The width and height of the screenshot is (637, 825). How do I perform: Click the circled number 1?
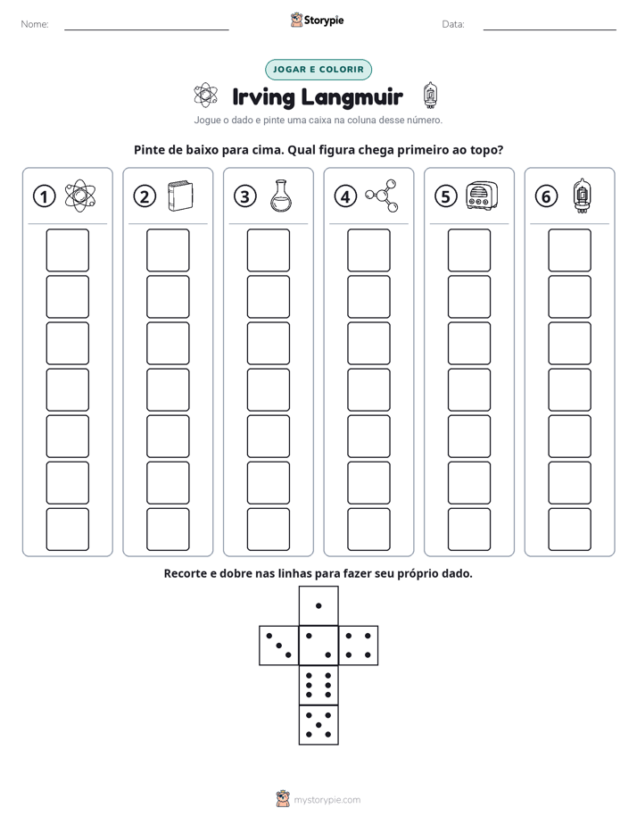click(44, 196)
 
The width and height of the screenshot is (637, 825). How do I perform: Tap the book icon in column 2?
click(180, 196)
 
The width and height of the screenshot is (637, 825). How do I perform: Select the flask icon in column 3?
click(279, 196)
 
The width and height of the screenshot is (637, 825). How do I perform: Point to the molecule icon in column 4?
click(382, 196)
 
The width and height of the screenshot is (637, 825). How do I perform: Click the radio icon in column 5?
click(482, 196)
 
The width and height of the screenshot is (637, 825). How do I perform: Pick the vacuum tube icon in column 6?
click(582, 196)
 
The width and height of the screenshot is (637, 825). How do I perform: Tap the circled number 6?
click(546, 196)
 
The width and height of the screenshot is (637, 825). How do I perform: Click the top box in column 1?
click(67, 250)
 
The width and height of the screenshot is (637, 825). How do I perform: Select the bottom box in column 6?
click(570, 529)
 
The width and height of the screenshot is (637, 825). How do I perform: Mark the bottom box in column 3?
click(268, 529)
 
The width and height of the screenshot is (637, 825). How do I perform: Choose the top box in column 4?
click(369, 250)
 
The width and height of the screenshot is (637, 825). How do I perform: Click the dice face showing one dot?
click(318, 605)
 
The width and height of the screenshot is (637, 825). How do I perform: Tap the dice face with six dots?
click(318, 685)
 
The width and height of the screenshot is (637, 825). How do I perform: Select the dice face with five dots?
click(318, 724)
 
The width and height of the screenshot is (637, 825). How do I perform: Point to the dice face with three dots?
click(279, 645)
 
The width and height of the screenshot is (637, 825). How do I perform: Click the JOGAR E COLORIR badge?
click(318, 70)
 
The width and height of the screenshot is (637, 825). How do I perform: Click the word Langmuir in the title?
click(352, 97)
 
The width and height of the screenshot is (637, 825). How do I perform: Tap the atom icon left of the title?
click(205, 96)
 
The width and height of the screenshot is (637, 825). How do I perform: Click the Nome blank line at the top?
click(146, 29)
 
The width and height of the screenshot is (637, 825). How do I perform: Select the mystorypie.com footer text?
click(327, 800)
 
